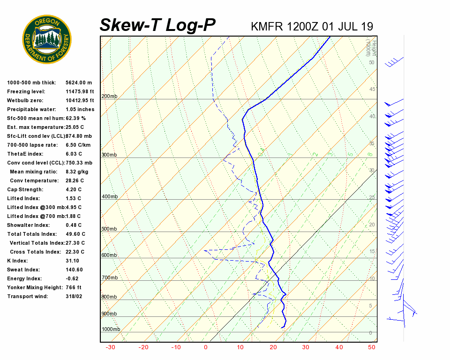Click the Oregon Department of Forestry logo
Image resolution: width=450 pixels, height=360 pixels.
point(47,39)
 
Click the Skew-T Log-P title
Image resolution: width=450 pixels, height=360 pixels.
point(157,25)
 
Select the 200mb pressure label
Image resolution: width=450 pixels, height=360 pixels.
point(109,97)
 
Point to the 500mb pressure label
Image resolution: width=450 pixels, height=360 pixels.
point(109,229)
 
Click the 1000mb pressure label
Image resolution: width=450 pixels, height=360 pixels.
point(111,329)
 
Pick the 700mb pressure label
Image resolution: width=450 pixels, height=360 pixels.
point(109,278)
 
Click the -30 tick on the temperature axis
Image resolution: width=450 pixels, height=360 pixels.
point(111,347)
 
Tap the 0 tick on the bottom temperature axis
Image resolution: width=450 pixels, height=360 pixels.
point(205,347)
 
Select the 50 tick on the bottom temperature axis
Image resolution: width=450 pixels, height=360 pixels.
point(372,347)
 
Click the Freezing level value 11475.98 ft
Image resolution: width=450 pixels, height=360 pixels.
point(80,91)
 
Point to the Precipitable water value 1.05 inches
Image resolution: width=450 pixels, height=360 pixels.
point(80,109)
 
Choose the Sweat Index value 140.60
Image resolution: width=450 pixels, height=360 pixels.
point(74,270)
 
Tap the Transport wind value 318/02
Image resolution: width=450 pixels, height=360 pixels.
point(74,296)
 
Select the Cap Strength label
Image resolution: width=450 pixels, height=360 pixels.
point(25,189)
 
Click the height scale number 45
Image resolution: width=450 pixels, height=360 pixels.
point(372,90)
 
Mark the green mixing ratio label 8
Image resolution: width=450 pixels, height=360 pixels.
point(370,154)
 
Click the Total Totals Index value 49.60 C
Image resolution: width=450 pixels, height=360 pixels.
point(75,234)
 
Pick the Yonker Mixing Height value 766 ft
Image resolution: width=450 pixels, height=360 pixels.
point(74,287)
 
